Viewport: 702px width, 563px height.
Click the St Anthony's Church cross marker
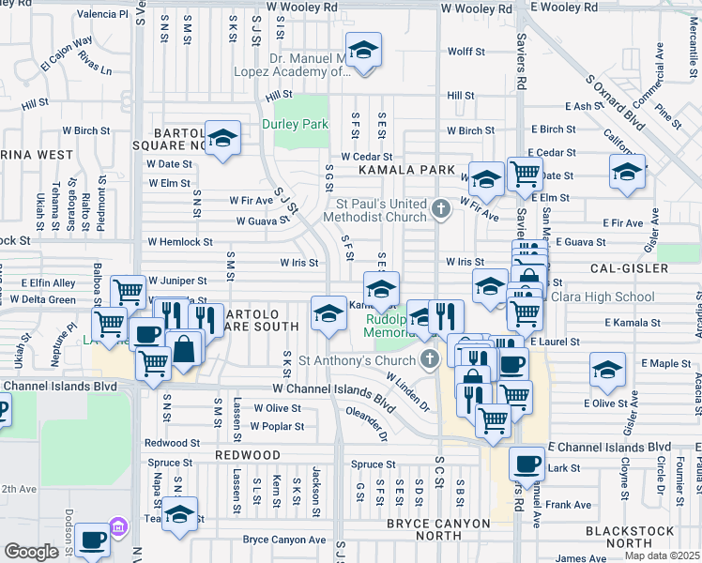[x=430, y=358]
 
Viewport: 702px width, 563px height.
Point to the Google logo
[x=31, y=552]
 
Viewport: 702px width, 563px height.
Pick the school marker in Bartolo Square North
[x=222, y=138]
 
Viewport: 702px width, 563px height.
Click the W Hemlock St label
[x=179, y=242]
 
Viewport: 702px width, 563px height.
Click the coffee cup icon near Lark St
[x=526, y=464]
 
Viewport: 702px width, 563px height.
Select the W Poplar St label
[x=276, y=426]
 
